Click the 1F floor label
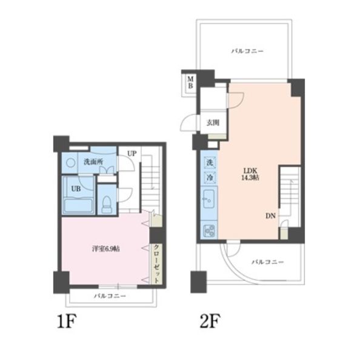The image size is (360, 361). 67,321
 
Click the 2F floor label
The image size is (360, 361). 210,321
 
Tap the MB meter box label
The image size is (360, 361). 190,83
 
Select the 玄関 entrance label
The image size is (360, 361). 213,123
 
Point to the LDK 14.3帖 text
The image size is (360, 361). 250,174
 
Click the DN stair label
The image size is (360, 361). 270,216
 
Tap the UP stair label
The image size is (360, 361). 132,154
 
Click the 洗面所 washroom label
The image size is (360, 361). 93,162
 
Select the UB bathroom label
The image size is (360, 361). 76,189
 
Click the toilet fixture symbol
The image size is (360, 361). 106,204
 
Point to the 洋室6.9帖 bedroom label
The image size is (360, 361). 106,249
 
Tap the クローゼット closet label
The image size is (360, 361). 156,264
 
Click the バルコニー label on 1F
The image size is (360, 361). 110,296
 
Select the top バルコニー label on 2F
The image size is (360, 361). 247,51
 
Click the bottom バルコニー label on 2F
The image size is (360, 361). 267,262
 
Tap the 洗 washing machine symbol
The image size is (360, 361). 210,163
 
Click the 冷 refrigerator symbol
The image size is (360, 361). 210,178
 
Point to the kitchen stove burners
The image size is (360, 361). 209,231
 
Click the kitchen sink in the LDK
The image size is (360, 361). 209,200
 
